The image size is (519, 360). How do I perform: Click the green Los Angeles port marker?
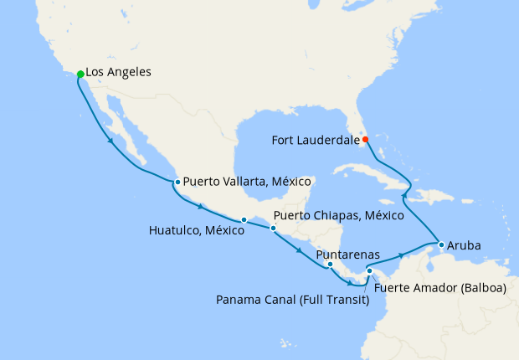click(80, 75)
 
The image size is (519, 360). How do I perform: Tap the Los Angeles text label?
click(119, 73)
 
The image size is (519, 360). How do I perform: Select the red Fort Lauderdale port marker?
click(365, 139)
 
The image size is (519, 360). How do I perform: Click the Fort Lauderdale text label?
click(316, 140)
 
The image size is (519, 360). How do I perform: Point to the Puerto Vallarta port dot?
click(177, 182)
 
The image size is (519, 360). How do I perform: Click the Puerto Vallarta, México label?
click(247, 181)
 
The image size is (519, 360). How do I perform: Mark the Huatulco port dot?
click(244, 220)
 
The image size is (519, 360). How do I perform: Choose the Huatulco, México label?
click(196, 230)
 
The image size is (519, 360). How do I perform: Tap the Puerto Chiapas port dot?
click(273, 228)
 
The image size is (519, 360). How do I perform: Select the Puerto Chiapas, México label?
click(338, 215)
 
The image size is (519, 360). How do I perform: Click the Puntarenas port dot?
click(330, 265)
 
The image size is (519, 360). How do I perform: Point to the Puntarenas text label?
click(349, 254)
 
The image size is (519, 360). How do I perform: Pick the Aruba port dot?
click(440, 245)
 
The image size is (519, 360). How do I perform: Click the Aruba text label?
click(465, 246)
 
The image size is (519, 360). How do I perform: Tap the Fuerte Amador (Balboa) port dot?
click(369, 270)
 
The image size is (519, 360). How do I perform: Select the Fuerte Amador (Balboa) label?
click(440, 287)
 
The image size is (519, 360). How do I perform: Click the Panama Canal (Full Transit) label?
click(293, 299)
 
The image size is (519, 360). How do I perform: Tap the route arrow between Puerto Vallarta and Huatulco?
click(200, 206)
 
